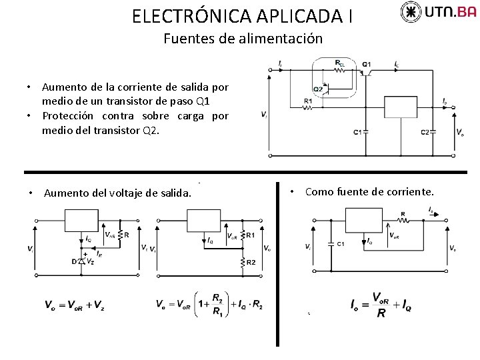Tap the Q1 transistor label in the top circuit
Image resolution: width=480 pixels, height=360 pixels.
click(367, 65)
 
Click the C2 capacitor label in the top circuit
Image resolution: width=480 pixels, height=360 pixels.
click(425, 132)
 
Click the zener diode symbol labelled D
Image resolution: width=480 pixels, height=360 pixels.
click(83, 261)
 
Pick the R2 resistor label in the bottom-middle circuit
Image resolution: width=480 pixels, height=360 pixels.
click(251, 262)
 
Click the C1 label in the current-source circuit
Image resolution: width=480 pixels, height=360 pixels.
click(340, 243)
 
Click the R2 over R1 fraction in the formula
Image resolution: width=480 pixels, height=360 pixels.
click(217, 304)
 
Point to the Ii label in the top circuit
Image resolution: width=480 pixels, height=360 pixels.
click(281, 64)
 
